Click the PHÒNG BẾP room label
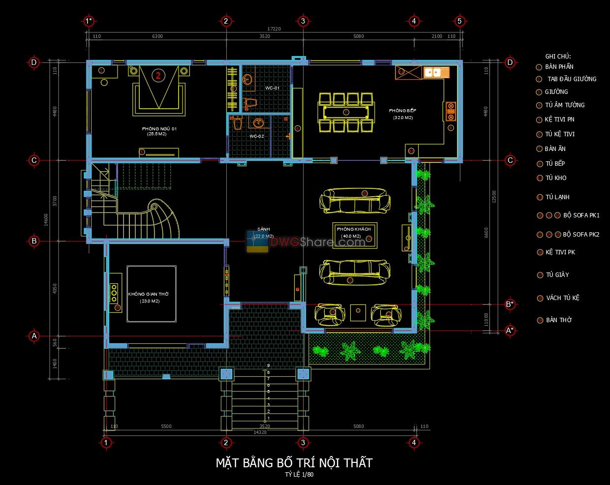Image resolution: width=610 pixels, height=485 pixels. pos(402,111)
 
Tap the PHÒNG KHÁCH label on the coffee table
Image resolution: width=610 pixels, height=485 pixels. pos(353,230)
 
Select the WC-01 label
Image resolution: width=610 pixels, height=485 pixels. pos(272,88)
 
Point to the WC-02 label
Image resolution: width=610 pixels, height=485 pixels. pos(257,136)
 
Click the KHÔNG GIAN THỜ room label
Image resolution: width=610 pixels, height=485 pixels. pos(148,294)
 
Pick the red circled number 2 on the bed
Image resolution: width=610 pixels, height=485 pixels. pos(158,75)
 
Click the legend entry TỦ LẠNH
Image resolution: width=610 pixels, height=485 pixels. pos(557,197)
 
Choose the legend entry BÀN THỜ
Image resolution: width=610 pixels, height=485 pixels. pos(558,320)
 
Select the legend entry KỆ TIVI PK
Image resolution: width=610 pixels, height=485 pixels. pos(560,252)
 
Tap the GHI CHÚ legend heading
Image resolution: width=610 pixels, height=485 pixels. pos(558,57)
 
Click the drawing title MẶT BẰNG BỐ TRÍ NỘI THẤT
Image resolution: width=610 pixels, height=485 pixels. pos(294,463)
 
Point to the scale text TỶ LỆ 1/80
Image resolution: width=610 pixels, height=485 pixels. pos(299,475)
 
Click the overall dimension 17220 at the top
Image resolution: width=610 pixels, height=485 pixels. pos(274,29)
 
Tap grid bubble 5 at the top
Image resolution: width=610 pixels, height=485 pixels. pos(459,21)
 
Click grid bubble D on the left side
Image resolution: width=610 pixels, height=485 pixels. pos(34,62)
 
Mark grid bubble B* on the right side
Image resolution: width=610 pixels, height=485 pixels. pos(510,304)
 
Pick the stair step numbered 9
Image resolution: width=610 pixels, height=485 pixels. pos(268,365)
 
